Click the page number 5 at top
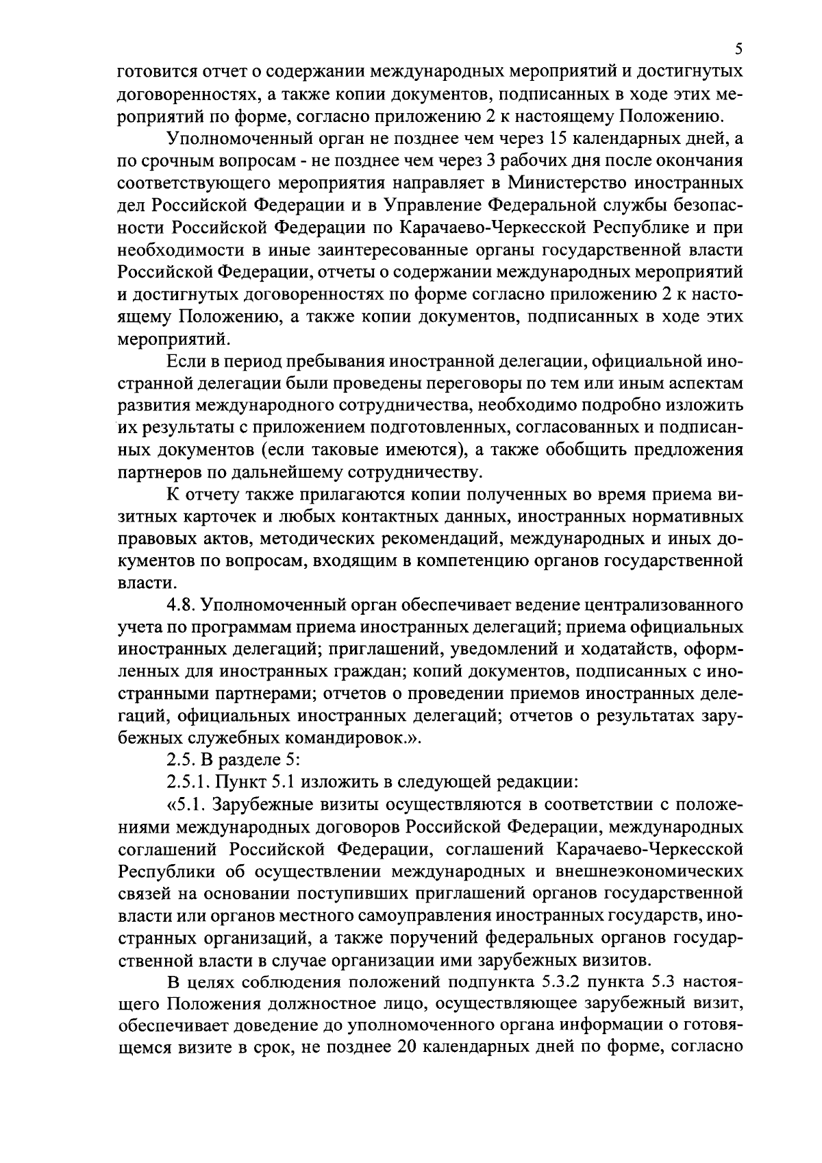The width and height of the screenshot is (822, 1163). click(x=738, y=49)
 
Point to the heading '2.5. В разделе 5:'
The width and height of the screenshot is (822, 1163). click(x=229, y=759)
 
